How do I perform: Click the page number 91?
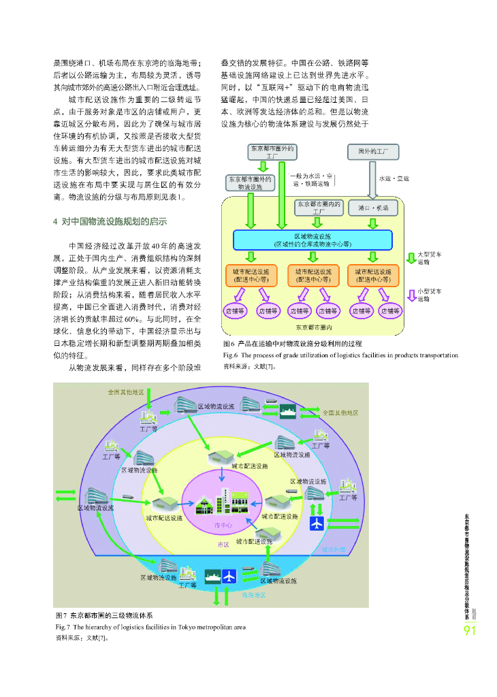[x=469, y=631]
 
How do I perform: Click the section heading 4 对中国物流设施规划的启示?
[x=110, y=221]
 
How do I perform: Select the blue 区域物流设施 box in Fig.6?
[x=312, y=240]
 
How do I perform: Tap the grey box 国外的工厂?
[x=373, y=151]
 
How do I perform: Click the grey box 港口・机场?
[x=373, y=207]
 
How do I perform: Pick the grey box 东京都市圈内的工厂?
[x=319, y=207]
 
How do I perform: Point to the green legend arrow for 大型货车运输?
[x=411, y=258]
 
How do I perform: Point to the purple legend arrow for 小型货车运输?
[x=411, y=294]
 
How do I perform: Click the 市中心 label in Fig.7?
[x=223, y=525]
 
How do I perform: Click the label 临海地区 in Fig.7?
[x=253, y=594]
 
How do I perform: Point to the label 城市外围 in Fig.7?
[x=334, y=549]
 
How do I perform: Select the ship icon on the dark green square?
[x=211, y=575]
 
